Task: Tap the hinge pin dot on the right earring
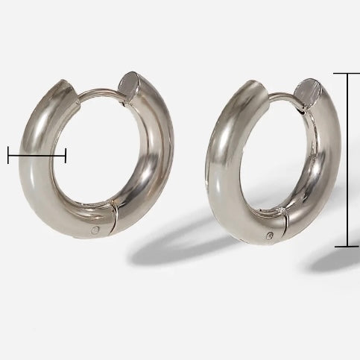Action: (x=271, y=237)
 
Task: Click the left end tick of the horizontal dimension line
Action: (x=8, y=155)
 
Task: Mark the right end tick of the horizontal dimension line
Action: (x=66, y=155)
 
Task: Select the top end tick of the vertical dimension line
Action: (x=347, y=73)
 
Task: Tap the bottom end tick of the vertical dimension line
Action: (x=347, y=245)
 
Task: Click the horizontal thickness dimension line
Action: (x=37, y=155)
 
